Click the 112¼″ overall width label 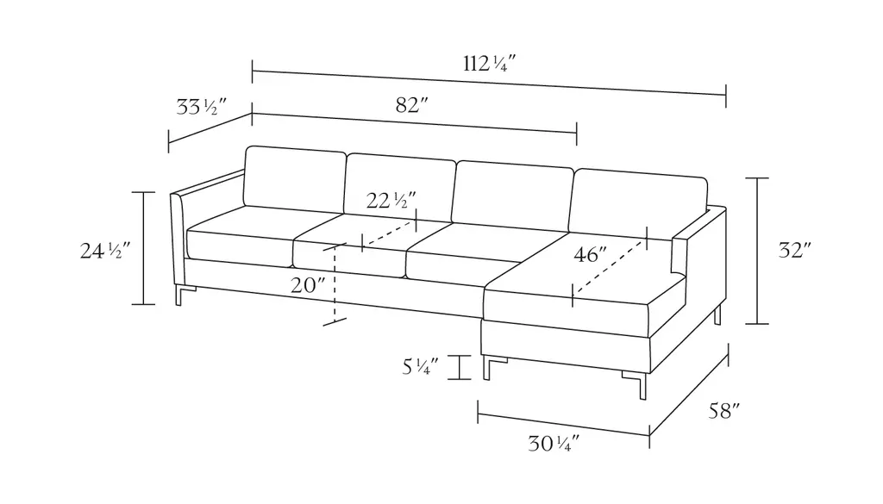489,64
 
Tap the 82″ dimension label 411,104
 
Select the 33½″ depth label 201,106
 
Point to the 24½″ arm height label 104,251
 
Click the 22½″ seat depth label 391,200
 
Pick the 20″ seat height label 308,285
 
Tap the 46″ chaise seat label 590,255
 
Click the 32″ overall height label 794,250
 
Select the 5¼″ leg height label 420,367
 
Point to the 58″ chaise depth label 723,411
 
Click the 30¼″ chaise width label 553,444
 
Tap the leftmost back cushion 295,180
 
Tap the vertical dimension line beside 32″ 757,251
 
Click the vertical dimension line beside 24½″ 143,248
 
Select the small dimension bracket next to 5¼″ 460,367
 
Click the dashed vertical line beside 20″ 335,284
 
